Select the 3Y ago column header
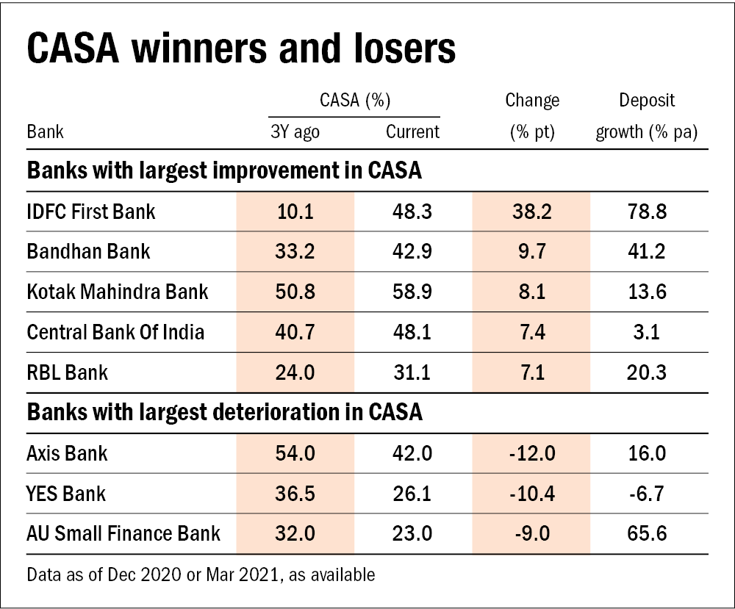(x=295, y=132)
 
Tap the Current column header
(x=412, y=132)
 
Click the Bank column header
(x=45, y=132)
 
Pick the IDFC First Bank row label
(x=91, y=212)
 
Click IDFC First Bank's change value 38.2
(x=531, y=212)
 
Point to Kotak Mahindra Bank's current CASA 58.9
(x=412, y=292)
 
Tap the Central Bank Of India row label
(x=115, y=332)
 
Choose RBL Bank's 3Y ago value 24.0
(x=295, y=372)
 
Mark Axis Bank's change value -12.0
(x=531, y=453)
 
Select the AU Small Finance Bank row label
(x=123, y=533)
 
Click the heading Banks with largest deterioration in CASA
(x=224, y=412)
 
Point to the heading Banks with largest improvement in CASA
(x=224, y=171)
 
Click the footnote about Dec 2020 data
(x=200, y=574)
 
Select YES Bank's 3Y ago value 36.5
(x=295, y=493)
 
